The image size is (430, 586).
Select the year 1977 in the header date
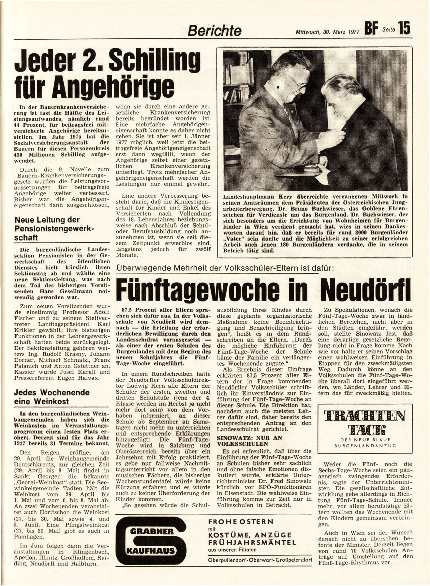pos(351,32)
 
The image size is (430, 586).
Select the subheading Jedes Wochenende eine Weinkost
pos(52,397)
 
